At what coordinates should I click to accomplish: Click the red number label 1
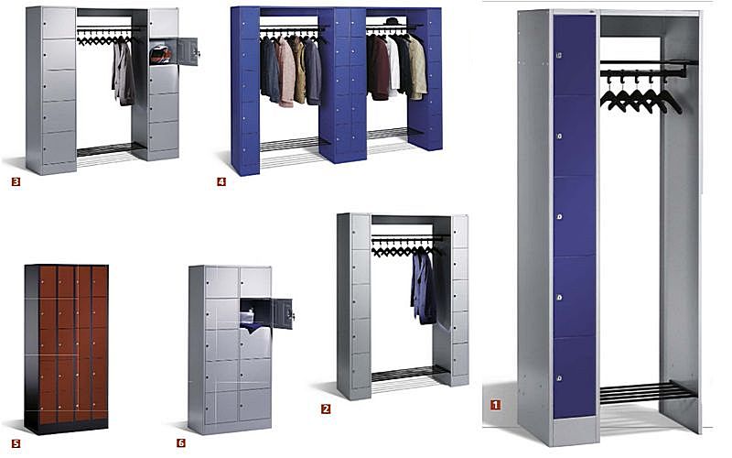point(495,405)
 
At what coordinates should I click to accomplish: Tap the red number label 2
point(326,409)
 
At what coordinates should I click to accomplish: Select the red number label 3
point(16,181)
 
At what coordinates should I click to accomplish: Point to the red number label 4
point(221,181)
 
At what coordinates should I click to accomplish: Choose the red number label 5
point(16,443)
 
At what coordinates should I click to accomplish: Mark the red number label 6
point(181,443)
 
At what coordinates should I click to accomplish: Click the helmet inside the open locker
point(161,54)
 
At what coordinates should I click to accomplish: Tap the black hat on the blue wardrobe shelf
point(392,21)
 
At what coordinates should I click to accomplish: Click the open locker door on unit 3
point(188,51)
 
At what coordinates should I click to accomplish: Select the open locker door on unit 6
point(284,313)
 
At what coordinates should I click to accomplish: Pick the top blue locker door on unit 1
point(575,55)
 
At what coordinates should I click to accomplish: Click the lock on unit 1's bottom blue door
point(560,377)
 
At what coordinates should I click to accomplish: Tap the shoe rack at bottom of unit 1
point(647,393)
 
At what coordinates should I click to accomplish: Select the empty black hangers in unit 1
point(640,93)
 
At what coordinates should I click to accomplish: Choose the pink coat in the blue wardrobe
point(286,72)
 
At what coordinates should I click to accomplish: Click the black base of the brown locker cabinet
point(66,426)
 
